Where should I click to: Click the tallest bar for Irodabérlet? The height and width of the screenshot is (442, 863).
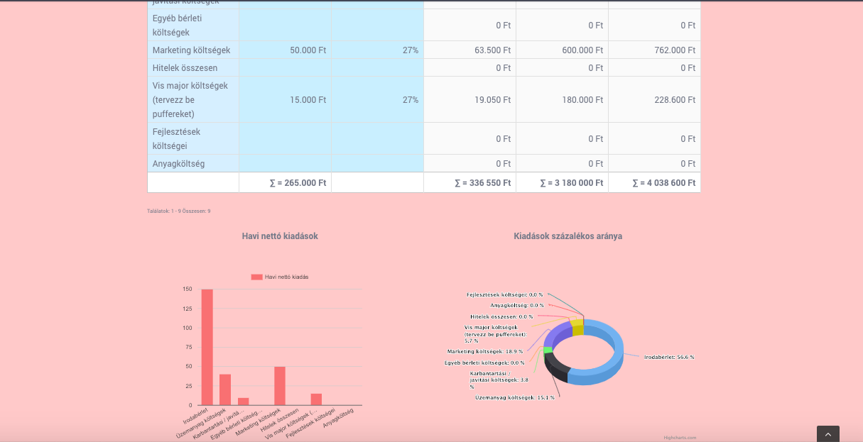(x=207, y=347)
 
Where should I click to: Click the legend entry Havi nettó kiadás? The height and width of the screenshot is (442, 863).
(x=280, y=277)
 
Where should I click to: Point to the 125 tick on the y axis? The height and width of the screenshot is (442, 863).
(x=188, y=309)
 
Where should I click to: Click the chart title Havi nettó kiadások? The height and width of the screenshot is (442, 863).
(x=280, y=236)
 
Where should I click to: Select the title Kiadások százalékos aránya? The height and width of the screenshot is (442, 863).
(x=568, y=236)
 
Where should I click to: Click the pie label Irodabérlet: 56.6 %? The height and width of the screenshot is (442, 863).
(x=669, y=357)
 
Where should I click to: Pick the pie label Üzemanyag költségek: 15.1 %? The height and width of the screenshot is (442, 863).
(x=514, y=397)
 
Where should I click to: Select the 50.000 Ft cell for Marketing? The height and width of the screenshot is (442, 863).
(x=308, y=50)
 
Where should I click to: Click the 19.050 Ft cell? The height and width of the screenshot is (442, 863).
(x=492, y=100)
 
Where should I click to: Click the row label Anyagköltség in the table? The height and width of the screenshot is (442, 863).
(x=178, y=164)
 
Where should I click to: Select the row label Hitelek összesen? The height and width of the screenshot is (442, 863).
(x=185, y=68)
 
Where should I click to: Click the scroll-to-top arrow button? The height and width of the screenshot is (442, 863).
(x=828, y=434)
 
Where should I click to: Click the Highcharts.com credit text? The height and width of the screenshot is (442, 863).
(x=680, y=438)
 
